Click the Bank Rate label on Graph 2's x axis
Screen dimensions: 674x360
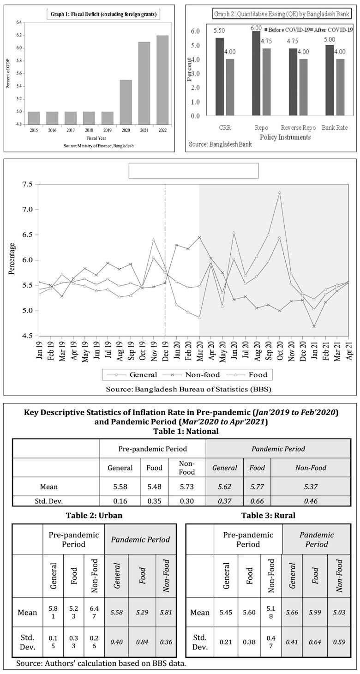(336, 127)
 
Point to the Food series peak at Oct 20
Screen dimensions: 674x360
(280, 193)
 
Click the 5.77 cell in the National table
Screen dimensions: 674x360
(257, 487)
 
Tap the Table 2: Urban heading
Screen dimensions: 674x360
(95, 515)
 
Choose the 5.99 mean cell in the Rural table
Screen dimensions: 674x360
(315, 613)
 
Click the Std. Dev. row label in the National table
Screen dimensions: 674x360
(55, 501)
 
